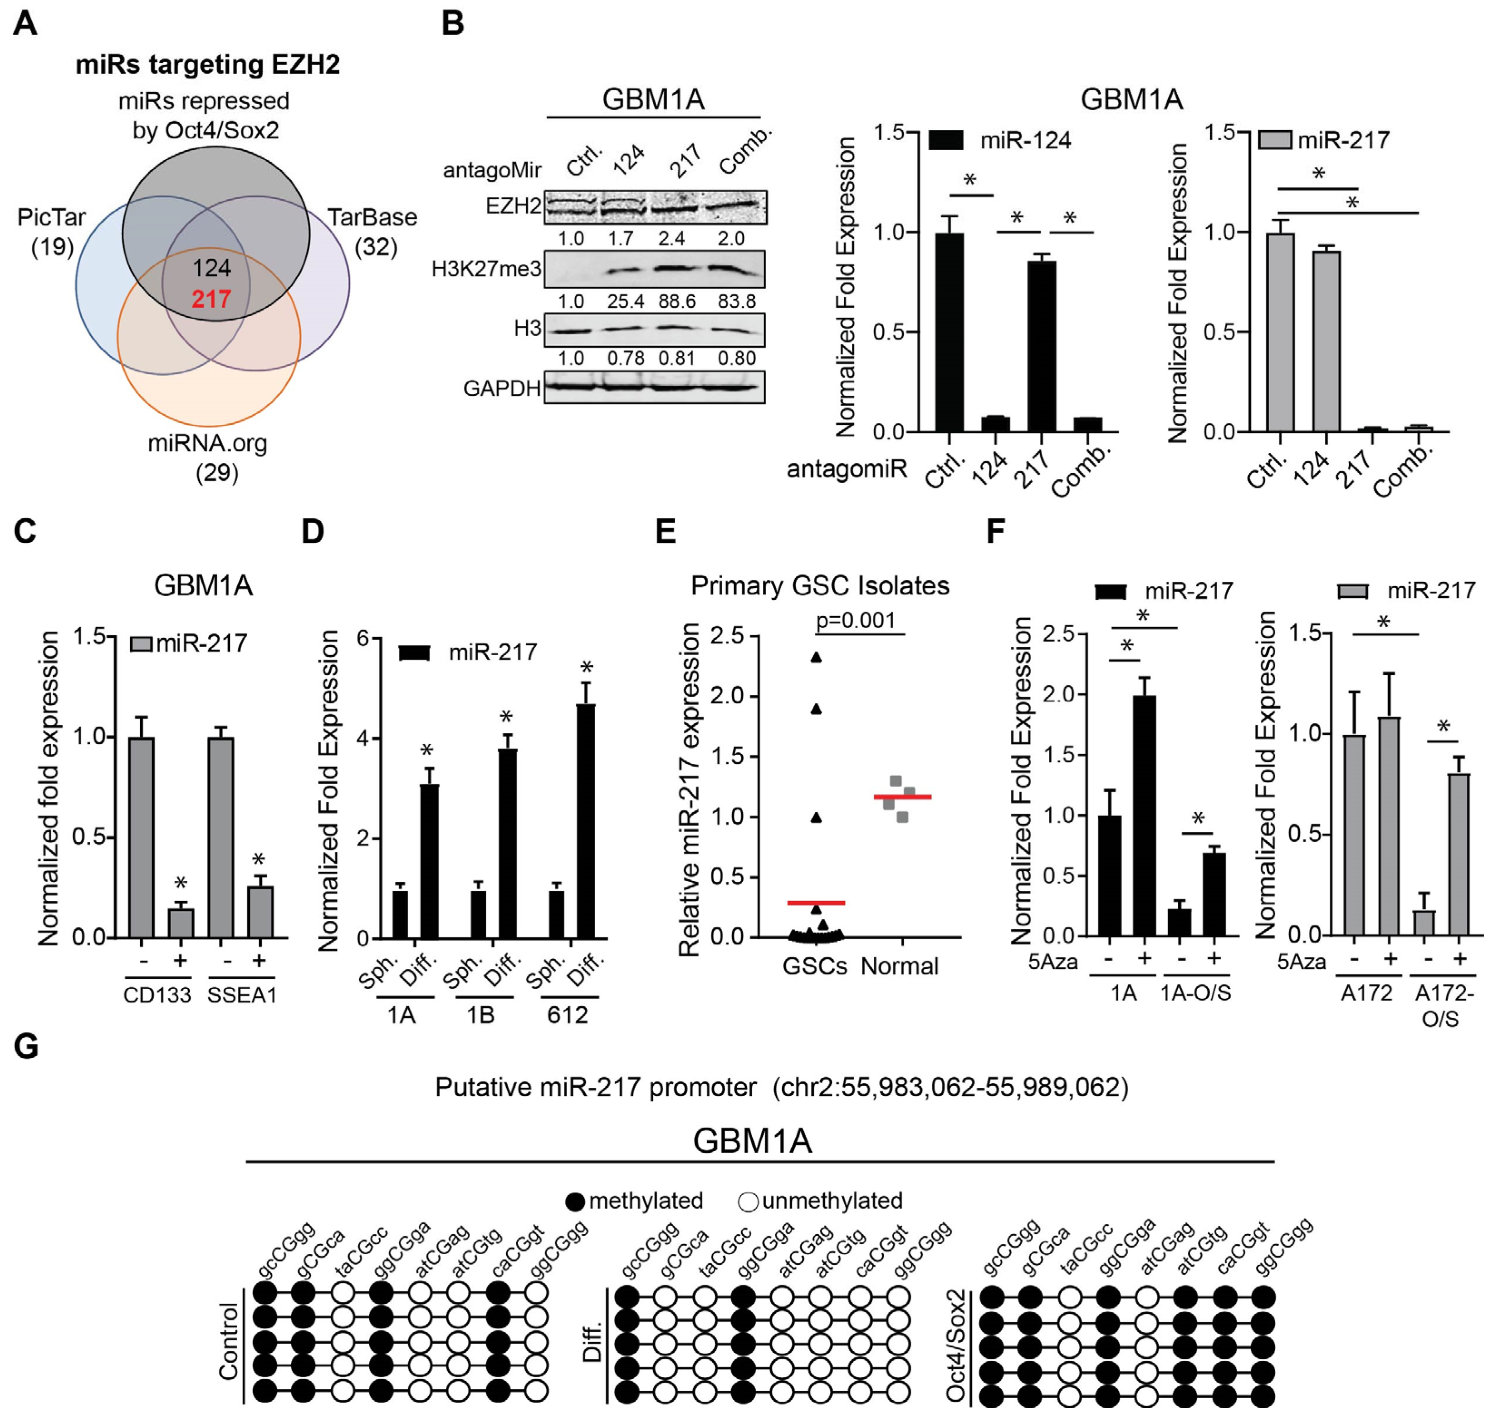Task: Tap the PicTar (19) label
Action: pos(51,231)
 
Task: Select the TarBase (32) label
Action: pos(372,231)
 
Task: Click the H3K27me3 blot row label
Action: pos(486,269)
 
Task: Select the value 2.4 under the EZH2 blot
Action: pos(671,239)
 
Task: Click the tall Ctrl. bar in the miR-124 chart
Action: pos(950,332)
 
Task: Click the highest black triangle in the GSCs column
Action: pos(816,657)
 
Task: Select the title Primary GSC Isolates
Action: pos(820,586)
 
